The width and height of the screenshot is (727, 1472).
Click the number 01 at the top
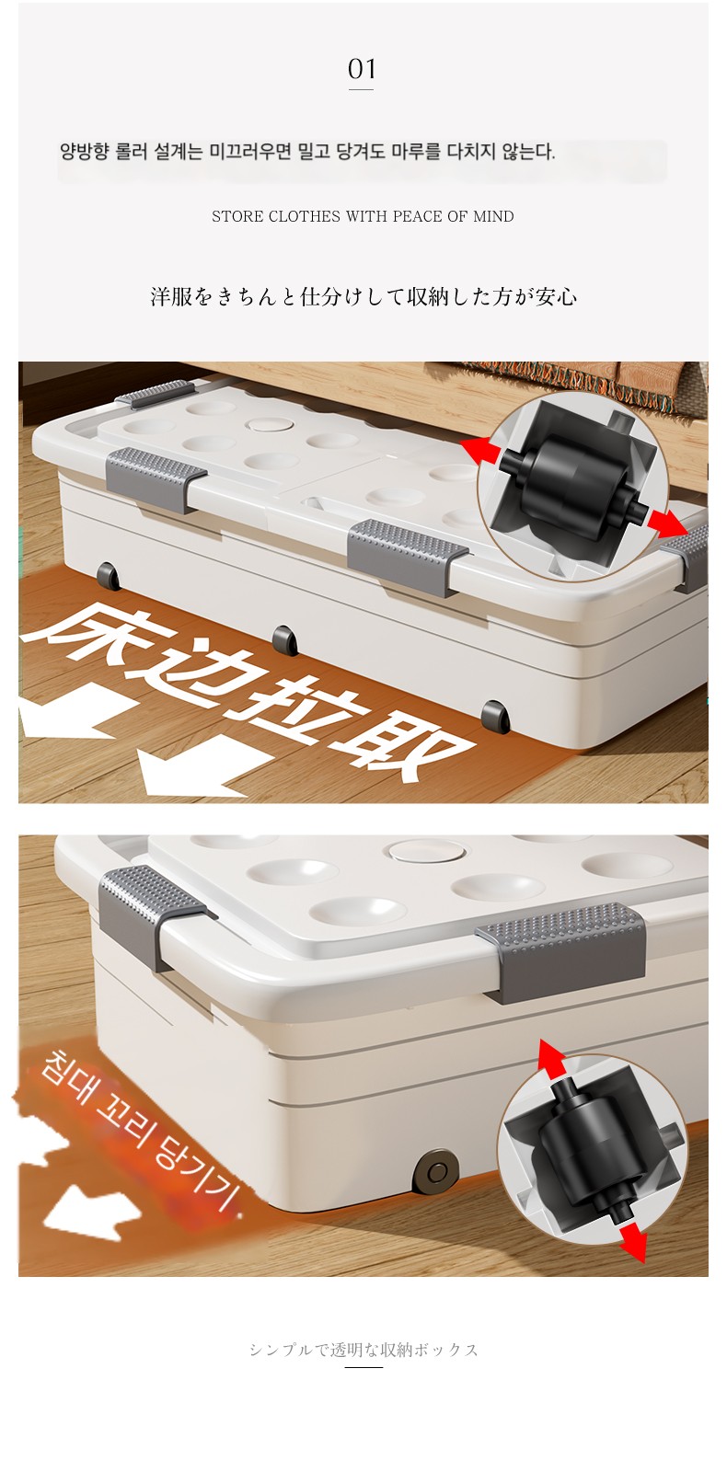coord(362,68)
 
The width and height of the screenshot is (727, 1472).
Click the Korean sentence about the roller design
coord(307,152)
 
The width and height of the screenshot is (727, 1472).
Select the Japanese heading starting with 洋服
coord(363,296)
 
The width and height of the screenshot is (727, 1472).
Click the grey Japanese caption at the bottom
coord(363,1350)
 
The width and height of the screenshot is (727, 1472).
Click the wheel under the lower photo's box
coord(433,1172)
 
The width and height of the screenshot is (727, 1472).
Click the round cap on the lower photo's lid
coord(427,852)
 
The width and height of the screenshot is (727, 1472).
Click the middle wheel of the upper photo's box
coord(284,639)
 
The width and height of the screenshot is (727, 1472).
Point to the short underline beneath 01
coord(361,89)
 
